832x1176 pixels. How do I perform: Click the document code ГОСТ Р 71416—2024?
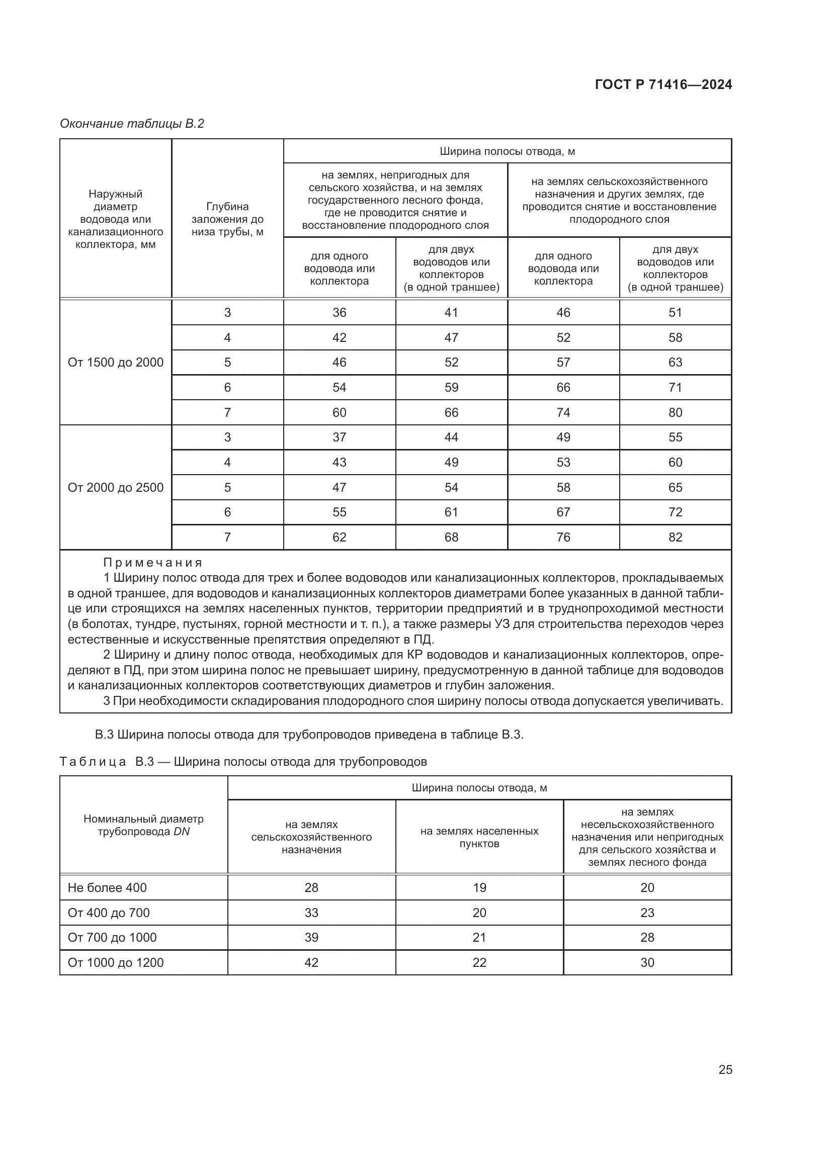(663, 85)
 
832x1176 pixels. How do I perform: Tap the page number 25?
(725, 1069)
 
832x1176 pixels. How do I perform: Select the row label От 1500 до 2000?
(115, 363)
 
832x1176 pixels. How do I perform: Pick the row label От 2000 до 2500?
(115, 488)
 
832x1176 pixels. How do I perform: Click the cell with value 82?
(675, 537)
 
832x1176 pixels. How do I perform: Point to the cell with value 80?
(675, 413)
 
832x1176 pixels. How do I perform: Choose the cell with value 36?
(339, 312)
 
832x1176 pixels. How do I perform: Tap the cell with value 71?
(675, 388)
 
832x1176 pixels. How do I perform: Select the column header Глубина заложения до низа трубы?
(227, 219)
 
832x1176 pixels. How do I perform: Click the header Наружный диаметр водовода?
(115, 219)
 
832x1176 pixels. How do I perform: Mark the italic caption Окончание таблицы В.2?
(132, 124)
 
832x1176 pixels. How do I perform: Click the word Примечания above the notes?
(153, 563)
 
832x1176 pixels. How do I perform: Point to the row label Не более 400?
(107, 887)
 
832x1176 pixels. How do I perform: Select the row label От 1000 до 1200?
(115, 962)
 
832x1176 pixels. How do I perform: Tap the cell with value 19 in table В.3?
(479, 887)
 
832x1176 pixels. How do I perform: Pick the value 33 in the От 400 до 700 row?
(311, 913)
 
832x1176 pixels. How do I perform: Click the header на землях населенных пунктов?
(479, 838)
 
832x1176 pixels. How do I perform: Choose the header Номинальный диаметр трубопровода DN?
(143, 825)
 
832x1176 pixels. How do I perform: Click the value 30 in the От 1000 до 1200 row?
(647, 962)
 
